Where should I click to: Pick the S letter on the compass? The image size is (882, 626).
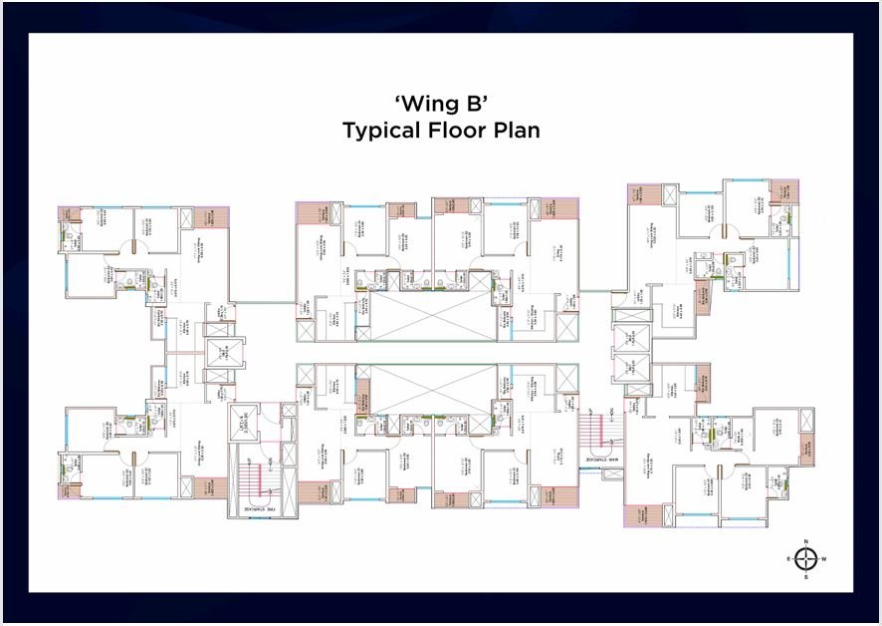[x=806, y=576]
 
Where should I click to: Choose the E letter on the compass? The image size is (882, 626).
[x=788, y=559]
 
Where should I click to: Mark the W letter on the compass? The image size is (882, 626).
[x=824, y=559]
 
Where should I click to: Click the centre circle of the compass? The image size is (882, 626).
[x=806, y=559]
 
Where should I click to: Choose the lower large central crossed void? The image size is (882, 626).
[x=432, y=389]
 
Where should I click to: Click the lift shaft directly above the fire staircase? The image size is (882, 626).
[x=243, y=420]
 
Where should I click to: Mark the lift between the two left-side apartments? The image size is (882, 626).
[x=218, y=350]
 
